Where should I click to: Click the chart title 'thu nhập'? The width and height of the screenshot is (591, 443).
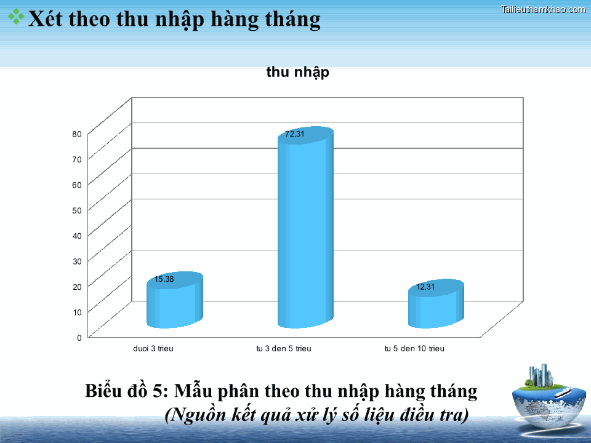[297, 72]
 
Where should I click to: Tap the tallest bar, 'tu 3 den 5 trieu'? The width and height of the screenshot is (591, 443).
[305, 234]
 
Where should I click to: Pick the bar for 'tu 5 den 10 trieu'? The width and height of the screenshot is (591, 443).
[436, 308]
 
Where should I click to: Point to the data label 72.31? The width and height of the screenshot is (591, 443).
[295, 134]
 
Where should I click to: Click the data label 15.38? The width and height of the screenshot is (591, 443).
[164, 279]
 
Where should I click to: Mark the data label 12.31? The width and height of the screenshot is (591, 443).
[426, 287]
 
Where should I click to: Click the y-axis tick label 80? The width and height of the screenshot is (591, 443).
[77, 134]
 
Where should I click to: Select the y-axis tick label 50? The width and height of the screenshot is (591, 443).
[77, 210]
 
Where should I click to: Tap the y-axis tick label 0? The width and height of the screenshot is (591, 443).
[79, 337]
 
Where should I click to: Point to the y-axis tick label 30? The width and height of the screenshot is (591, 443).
[77, 261]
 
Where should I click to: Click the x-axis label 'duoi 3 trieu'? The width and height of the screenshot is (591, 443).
[153, 349]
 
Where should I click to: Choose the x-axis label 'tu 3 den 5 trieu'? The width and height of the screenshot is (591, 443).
[284, 349]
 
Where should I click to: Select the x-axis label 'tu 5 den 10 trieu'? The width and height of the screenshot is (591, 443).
[414, 349]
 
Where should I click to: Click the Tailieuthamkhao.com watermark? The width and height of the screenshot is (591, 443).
[544, 9]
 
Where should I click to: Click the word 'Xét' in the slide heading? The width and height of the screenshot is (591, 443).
[48, 20]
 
